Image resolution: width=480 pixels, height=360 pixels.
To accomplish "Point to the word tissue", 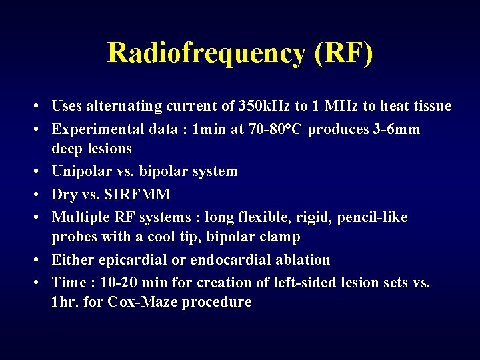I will coord(430,106).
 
